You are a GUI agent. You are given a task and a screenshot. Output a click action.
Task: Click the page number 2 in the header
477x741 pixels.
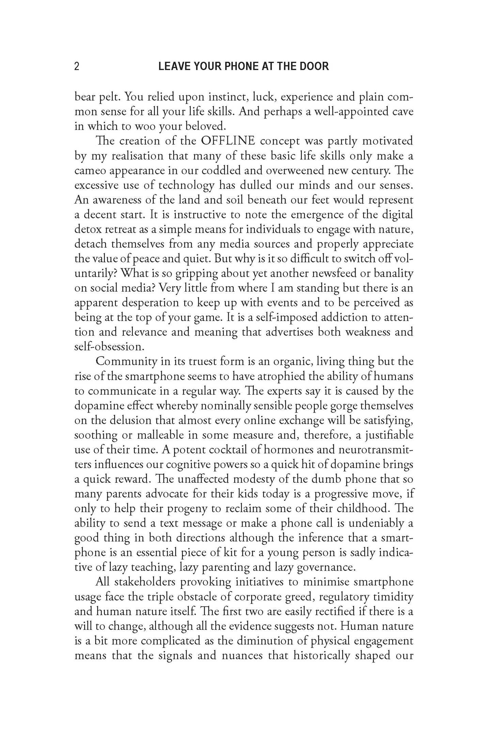(77, 66)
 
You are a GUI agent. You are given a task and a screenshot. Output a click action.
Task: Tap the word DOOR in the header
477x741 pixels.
(314, 66)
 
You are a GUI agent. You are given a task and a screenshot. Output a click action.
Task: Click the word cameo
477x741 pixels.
(89, 170)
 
